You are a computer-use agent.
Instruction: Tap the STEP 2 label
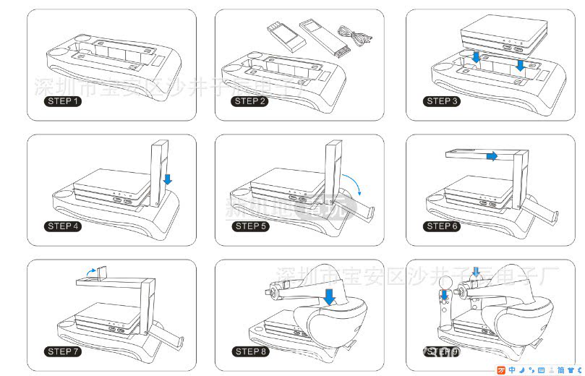tap(250, 101)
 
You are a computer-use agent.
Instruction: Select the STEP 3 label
tap(442, 101)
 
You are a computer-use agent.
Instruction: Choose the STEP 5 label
tap(250, 226)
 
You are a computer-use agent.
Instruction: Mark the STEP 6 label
tap(442, 226)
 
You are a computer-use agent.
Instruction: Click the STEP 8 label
tap(250, 351)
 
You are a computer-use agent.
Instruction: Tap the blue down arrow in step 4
tap(168, 178)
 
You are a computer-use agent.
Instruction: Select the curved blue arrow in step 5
tap(355, 185)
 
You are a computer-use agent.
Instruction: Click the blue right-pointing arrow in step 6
tap(491, 155)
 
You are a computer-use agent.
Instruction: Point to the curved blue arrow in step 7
tap(89, 269)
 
